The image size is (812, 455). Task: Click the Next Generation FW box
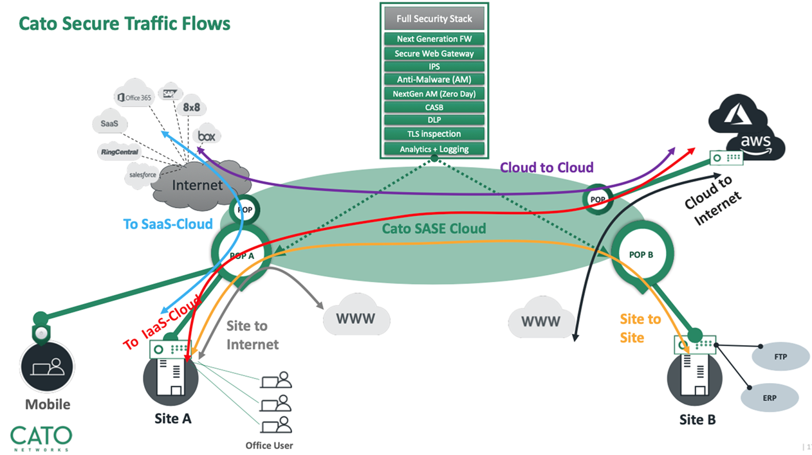434,39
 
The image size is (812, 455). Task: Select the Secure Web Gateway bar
434,53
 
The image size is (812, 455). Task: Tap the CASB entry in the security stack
434,107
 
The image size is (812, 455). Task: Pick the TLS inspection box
434,134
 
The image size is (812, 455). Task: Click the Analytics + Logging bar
434,149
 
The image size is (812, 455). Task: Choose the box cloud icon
207,136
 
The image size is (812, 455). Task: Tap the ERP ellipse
770,398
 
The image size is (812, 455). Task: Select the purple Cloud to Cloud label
546,168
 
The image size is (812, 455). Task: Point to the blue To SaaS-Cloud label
168,224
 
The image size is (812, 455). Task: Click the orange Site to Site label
640,328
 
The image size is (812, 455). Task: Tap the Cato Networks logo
41,438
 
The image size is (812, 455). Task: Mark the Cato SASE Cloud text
434,228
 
